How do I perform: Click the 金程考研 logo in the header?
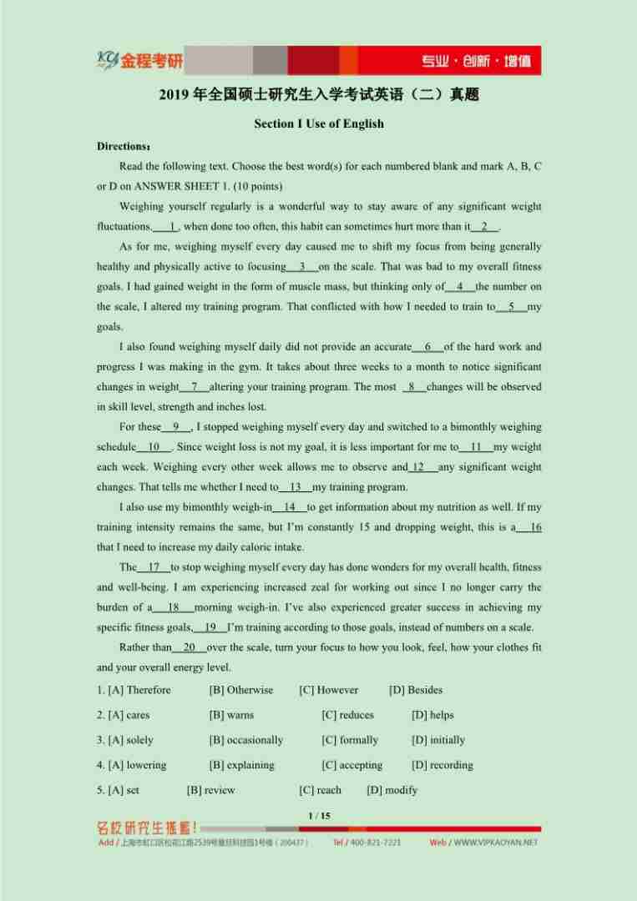click(140, 61)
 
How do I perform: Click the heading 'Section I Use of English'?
click(319, 123)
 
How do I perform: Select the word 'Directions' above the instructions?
click(122, 146)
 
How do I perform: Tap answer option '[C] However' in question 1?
click(329, 690)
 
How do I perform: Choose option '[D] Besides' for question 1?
click(416, 690)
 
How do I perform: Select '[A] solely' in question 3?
click(125, 740)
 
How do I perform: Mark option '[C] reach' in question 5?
click(320, 790)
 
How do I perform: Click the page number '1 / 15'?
click(319, 815)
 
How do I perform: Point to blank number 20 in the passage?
click(190, 647)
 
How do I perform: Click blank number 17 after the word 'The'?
click(154, 567)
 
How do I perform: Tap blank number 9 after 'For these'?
click(176, 427)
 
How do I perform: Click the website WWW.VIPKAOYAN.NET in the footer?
click(495, 843)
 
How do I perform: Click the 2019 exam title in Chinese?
click(319, 95)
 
